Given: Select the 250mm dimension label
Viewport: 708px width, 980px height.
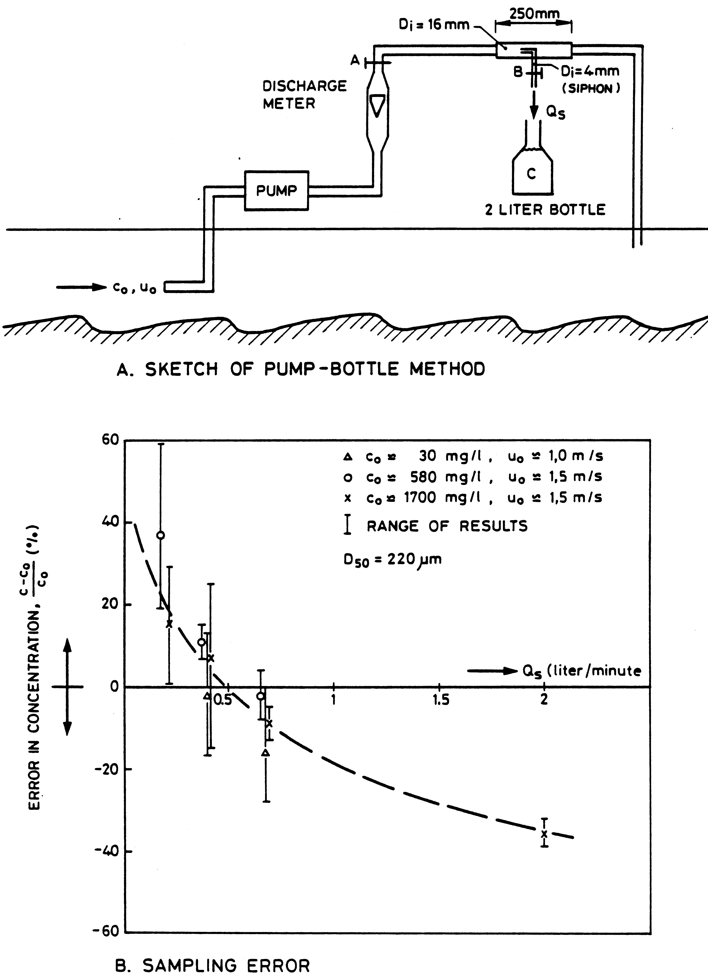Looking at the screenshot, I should pyautogui.click(x=534, y=14).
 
